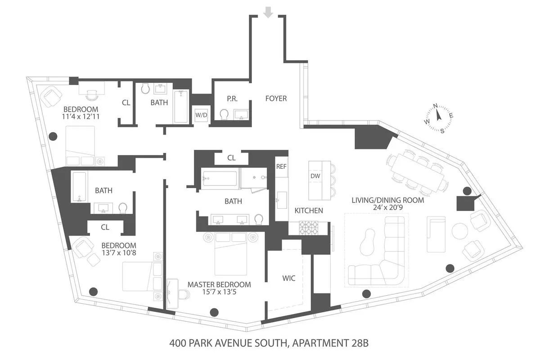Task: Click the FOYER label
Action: point(276,99)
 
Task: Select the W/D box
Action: point(201,115)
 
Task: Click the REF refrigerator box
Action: point(281,166)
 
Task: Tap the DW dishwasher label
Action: point(315,176)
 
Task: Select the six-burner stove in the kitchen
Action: point(310,228)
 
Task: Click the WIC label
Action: point(288,278)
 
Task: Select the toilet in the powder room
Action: point(224,115)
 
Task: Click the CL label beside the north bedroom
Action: point(126,103)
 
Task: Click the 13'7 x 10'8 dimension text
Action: point(119,254)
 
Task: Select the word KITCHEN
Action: point(309,210)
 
